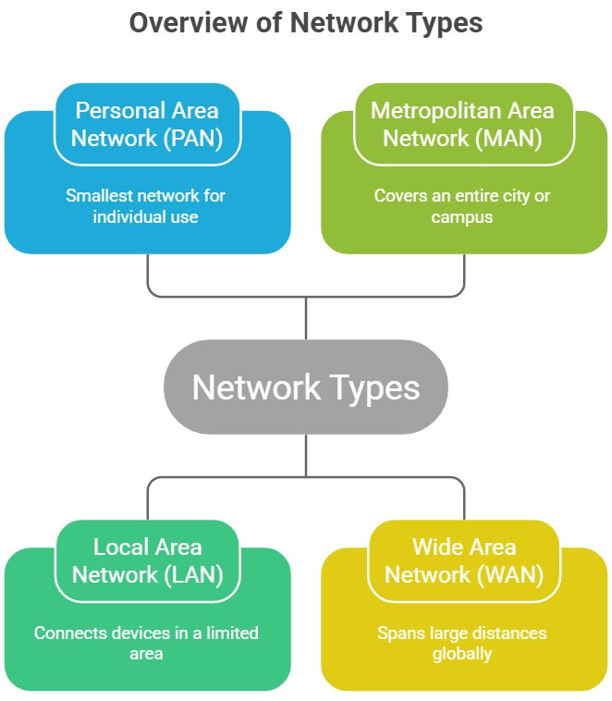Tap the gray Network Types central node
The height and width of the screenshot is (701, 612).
point(305,387)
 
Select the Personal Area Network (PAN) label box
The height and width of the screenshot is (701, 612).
point(147,124)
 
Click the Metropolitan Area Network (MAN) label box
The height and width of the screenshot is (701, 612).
point(462,124)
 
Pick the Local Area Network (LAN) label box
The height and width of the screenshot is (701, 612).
point(147,560)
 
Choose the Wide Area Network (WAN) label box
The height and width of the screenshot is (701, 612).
point(462,560)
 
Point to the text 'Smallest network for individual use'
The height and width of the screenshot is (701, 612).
point(145,206)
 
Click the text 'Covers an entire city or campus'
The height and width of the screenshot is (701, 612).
point(462,206)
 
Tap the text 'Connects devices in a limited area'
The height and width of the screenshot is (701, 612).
point(146,643)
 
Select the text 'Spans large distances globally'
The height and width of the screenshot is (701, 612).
point(462,643)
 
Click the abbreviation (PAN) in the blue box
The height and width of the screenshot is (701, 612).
point(188,139)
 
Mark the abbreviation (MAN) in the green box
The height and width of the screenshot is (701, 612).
point(506,139)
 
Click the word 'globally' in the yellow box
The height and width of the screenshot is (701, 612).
point(462,654)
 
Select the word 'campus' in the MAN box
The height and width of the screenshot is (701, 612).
point(462,217)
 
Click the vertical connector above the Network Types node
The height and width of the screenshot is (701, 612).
point(305,318)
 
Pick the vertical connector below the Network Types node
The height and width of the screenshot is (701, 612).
point(305,455)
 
